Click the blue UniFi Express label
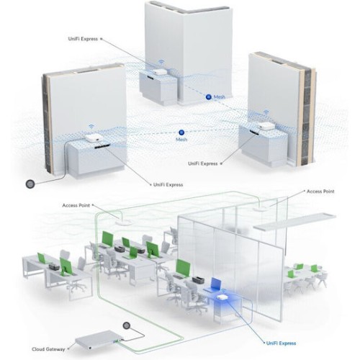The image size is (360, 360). pyautogui.click(x=281, y=343)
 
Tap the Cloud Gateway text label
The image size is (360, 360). pyautogui.click(x=48, y=349)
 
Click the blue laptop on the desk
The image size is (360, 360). pyautogui.click(x=215, y=284)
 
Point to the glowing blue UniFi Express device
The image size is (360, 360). pyautogui.click(x=221, y=297)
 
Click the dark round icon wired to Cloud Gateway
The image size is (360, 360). pyautogui.click(x=127, y=325)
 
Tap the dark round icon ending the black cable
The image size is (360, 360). pyautogui.click(x=30, y=184)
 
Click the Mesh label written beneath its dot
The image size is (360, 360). pyautogui.click(x=181, y=140)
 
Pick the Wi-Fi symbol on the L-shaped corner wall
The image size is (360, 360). pyautogui.click(x=161, y=62)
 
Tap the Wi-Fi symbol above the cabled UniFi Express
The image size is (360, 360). pyautogui.click(x=91, y=126)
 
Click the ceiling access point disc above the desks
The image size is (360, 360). pyautogui.click(x=123, y=222)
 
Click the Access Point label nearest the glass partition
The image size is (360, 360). pyautogui.click(x=320, y=192)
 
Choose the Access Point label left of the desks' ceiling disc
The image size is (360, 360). pyautogui.click(x=76, y=205)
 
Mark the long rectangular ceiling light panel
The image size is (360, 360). pyautogui.click(x=294, y=221)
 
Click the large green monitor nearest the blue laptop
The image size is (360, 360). pyautogui.click(x=183, y=267)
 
